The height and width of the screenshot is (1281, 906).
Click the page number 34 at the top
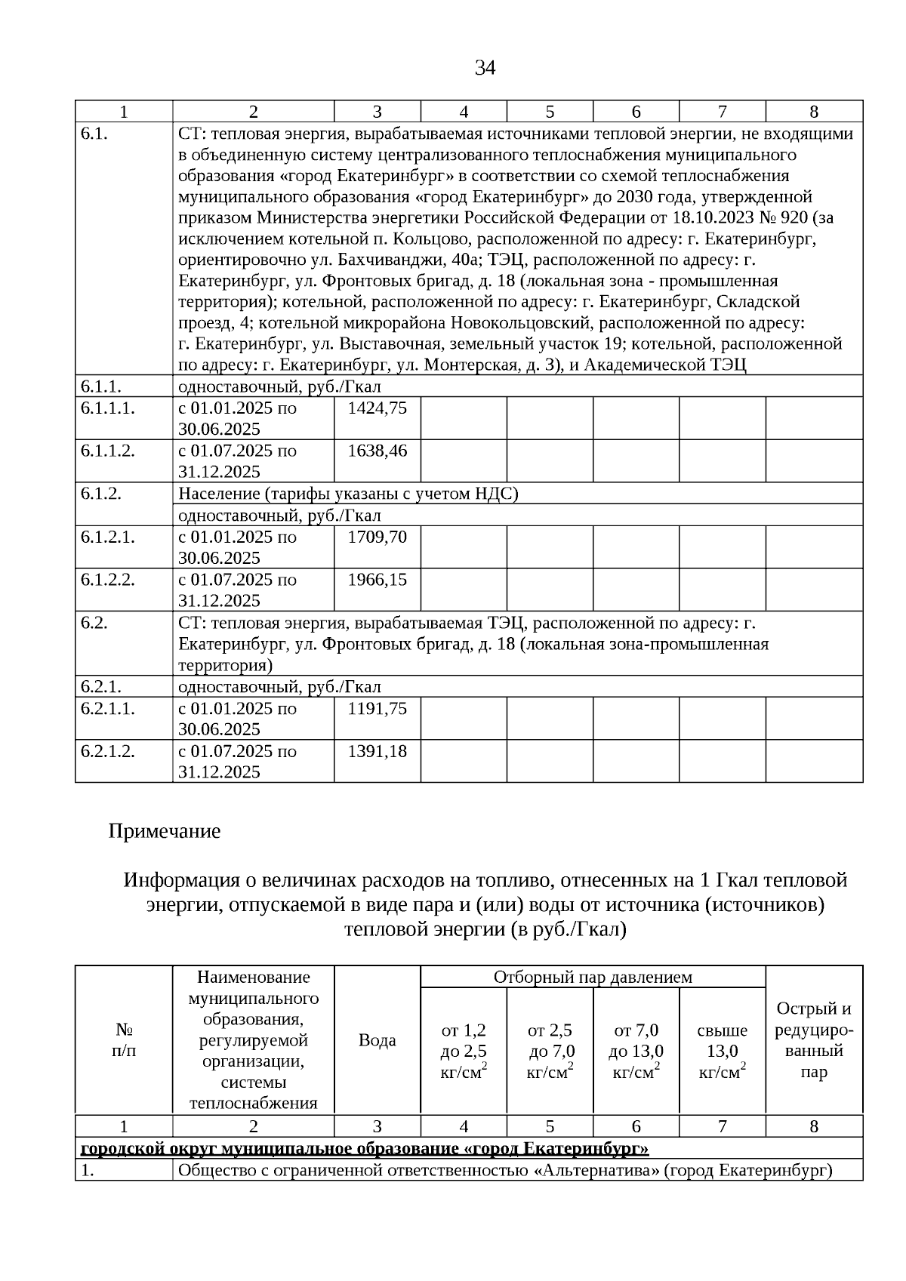click(x=485, y=69)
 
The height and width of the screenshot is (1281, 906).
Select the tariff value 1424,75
click(x=377, y=408)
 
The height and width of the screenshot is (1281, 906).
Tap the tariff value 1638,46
click(x=377, y=451)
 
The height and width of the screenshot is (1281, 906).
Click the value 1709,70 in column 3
click(x=377, y=537)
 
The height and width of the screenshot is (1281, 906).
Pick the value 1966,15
click(x=377, y=580)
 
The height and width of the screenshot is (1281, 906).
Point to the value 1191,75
click(x=377, y=709)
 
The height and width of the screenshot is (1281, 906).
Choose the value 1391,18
click(x=377, y=751)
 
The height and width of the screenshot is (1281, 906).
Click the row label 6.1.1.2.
click(x=108, y=451)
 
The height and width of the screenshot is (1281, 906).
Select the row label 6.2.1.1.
click(x=108, y=709)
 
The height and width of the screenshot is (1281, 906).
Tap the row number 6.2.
click(x=94, y=624)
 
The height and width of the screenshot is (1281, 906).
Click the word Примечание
click(x=165, y=832)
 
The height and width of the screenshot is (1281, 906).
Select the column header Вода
click(x=377, y=1040)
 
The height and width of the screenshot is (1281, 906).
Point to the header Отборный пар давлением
click(x=593, y=978)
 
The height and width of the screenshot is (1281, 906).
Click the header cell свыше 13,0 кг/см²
click(x=723, y=1051)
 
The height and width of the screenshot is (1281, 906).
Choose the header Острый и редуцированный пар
click(x=814, y=1040)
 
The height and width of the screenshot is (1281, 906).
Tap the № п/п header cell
click(x=124, y=1040)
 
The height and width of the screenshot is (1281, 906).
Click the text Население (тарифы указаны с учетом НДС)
click(x=348, y=494)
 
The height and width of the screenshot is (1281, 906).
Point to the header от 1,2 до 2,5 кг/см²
click(x=464, y=1051)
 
